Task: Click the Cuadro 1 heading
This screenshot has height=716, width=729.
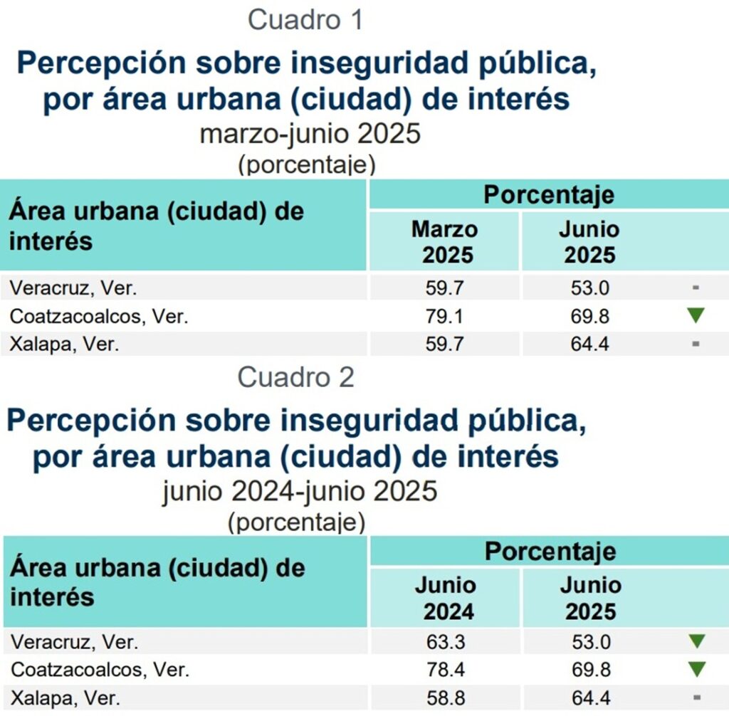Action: coord(305,20)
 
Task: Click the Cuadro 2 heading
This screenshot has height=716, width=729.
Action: coord(295,377)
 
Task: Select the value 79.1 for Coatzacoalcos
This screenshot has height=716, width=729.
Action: coord(444,316)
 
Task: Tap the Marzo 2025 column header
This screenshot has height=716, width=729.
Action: coord(444,242)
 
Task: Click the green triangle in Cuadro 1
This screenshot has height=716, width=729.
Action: coord(696,316)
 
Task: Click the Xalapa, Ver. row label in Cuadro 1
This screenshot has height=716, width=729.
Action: coord(64,344)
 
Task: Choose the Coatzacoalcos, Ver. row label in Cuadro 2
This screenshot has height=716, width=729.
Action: coord(100,670)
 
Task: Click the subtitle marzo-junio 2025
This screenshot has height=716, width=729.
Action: coord(310,134)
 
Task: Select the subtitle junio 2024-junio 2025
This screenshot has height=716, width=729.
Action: coord(299,491)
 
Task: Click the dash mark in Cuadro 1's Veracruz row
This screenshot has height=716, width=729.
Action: coord(696,288)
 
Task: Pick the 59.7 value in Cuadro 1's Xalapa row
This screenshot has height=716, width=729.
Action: coord(444,344)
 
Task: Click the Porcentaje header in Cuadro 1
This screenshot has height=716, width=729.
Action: coord(548,194)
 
